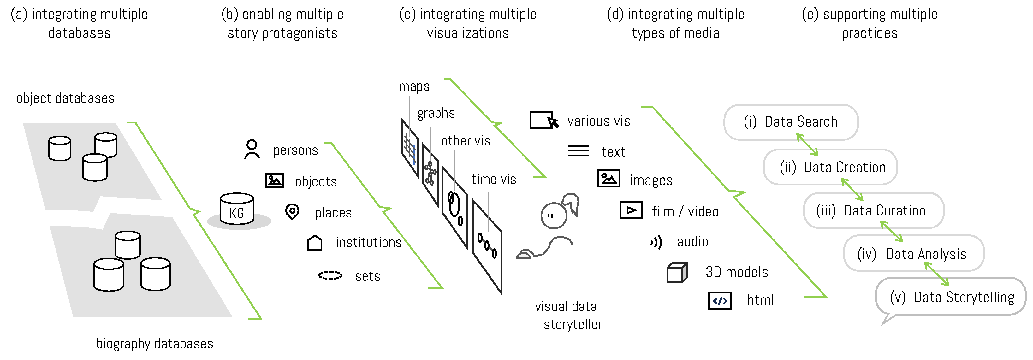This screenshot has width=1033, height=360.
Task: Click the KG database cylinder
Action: click(237, 209)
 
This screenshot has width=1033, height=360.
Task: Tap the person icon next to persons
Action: click(252, 149)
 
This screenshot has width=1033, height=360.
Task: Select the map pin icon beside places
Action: click(292, 211)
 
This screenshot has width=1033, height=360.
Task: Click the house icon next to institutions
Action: click(315, 243)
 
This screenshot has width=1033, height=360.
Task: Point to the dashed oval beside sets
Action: click(330, 275)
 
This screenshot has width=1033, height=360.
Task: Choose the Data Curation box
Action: click(873, 210)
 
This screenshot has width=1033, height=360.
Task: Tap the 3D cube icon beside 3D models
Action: click(677, 273)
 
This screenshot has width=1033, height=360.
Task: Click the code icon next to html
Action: click(720, 301)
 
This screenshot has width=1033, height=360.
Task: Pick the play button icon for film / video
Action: click(631, 210)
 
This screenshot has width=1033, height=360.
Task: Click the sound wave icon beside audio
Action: click(656, 242)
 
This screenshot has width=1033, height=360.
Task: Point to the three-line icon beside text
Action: click(578, 151)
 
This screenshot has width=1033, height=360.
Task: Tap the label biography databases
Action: click(154, 344)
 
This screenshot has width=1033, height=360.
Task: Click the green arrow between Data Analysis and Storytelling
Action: click(937, 274)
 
